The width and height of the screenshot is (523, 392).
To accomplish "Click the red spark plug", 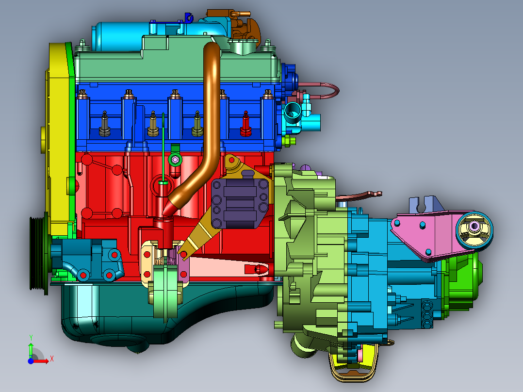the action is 246,124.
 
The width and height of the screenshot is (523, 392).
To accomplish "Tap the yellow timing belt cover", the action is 59,140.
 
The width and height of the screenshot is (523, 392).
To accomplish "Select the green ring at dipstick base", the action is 175,159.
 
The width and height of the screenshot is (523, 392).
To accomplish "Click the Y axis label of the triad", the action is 31,338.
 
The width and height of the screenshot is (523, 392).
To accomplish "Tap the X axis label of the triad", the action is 52,359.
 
